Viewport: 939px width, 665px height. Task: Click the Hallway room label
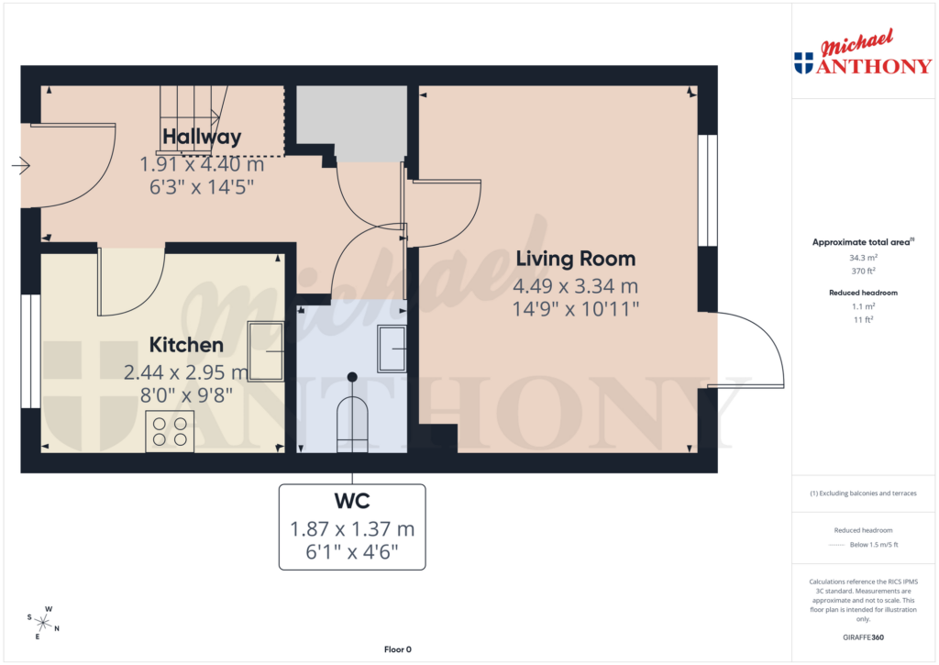202,138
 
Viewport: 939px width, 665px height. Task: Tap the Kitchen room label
186,345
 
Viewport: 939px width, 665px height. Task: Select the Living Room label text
575,258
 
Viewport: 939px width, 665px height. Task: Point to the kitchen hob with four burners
170,431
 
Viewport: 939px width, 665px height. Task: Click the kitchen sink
267,351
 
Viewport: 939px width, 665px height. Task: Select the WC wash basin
393,338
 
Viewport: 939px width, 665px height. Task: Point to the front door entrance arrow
20,166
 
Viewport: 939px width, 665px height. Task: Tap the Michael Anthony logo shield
803,63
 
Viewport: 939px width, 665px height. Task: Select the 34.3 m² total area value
861,259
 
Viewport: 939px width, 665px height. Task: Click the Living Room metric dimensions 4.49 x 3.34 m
575,286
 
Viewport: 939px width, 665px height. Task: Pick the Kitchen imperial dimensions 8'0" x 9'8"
186,395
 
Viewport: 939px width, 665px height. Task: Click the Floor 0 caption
397,649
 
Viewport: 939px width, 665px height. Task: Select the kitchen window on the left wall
30,351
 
